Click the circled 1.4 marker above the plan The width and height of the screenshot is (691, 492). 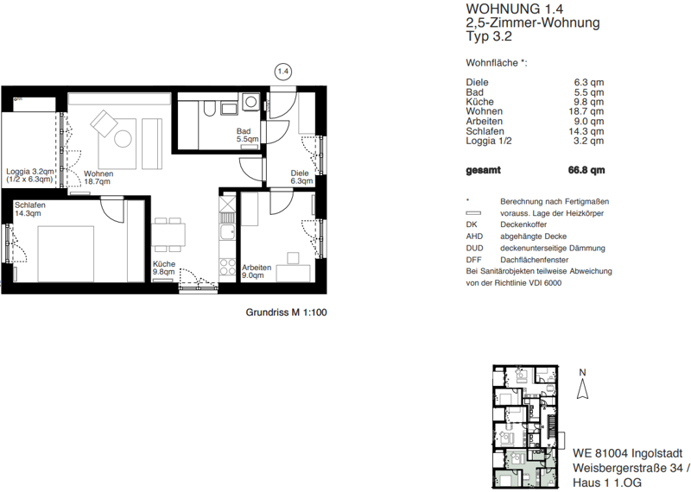283,72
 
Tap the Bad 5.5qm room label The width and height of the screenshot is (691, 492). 247,136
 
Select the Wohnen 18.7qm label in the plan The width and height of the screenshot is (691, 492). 98,178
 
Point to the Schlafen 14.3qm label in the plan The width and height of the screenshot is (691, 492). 30,209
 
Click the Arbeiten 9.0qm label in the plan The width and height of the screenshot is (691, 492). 257,271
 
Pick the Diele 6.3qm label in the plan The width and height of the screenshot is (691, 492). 301,177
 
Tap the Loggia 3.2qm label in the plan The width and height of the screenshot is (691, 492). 30,175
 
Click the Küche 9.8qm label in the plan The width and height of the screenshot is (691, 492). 164,268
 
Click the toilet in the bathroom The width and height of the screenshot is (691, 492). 209,108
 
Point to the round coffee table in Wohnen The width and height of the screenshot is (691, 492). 123,139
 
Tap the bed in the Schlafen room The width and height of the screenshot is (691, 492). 66,254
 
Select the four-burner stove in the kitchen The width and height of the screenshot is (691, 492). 227,267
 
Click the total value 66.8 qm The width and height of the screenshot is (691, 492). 586,170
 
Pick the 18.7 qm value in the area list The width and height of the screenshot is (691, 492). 586,111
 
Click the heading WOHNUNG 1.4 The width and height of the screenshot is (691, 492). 514,9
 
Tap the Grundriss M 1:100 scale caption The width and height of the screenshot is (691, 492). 286,312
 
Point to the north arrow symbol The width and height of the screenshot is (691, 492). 582,388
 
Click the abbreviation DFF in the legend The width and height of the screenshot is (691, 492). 473,260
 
